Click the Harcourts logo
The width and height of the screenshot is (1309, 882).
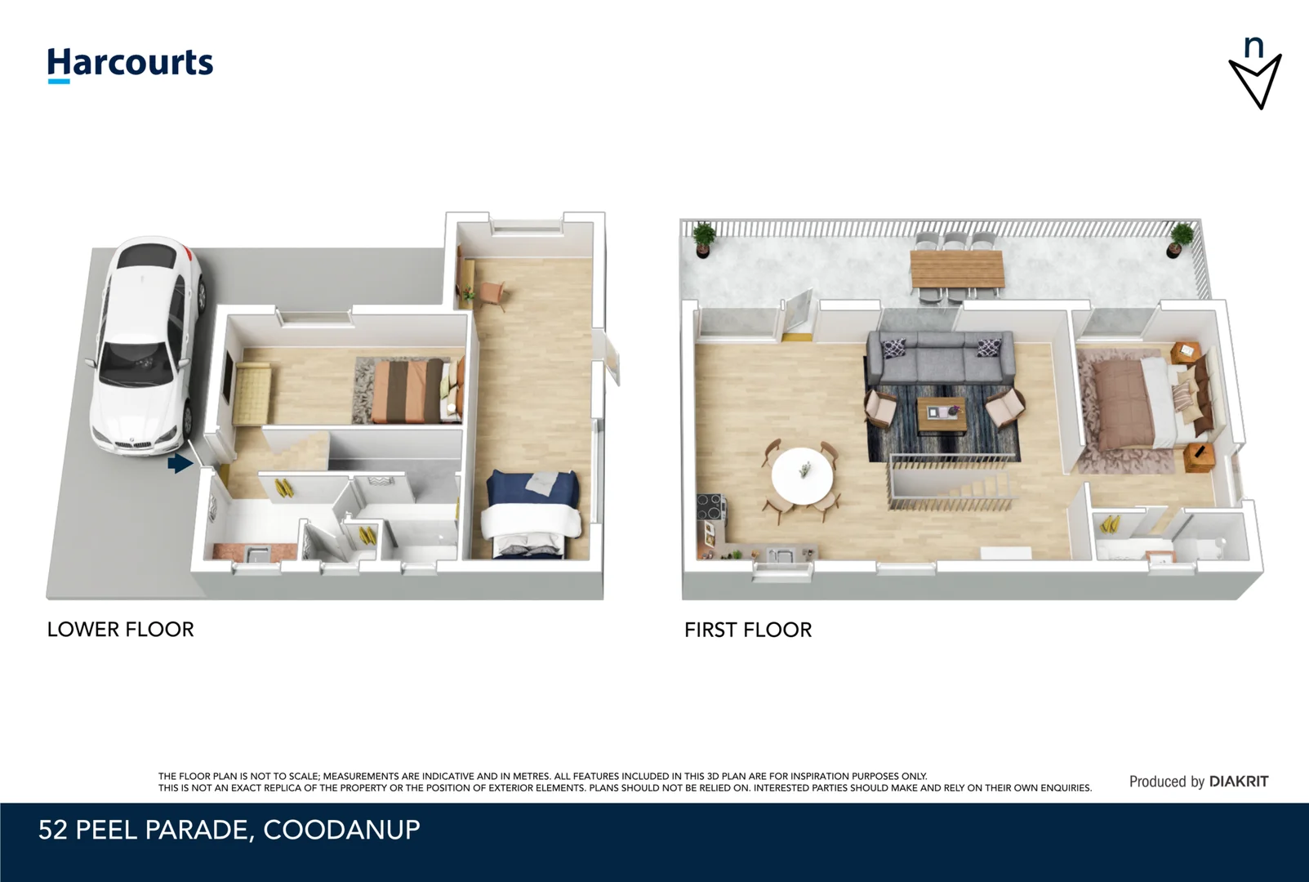130,64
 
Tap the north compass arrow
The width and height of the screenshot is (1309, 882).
1255,81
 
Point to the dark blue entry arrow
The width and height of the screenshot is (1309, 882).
180,464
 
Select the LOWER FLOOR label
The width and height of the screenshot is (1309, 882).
120,630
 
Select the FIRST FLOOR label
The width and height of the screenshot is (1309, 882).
748,630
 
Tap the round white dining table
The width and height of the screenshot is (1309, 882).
803,475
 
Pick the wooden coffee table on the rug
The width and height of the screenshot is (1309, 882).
942,414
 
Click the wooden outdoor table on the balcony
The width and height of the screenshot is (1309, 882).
956,269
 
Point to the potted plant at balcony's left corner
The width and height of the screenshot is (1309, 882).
703,239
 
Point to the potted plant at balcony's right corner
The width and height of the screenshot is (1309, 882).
1180,239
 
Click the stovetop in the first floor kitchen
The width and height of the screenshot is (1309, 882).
709,507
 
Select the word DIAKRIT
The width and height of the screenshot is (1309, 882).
1239,782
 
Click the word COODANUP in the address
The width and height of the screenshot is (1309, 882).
341,830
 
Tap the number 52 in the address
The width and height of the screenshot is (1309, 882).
53,830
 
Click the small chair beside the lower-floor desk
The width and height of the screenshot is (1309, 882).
492,293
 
